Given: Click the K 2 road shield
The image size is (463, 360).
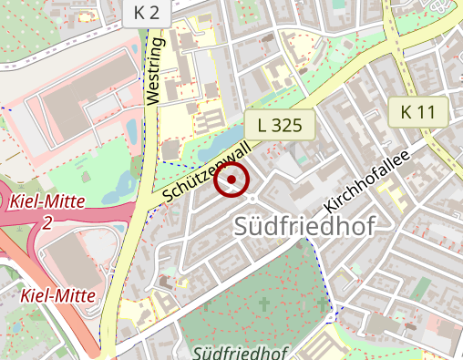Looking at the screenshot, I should tap(145, 12).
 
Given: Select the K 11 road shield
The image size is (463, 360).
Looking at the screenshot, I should tap(418, 112).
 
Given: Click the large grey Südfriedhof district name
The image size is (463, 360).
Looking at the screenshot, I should tap(304, 227).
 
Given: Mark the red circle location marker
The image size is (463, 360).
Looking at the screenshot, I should tap(231, 180).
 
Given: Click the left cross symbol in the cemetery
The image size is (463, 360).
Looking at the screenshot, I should tap(264, 303).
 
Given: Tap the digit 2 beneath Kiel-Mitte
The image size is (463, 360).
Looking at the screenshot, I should tap(46, 223).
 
